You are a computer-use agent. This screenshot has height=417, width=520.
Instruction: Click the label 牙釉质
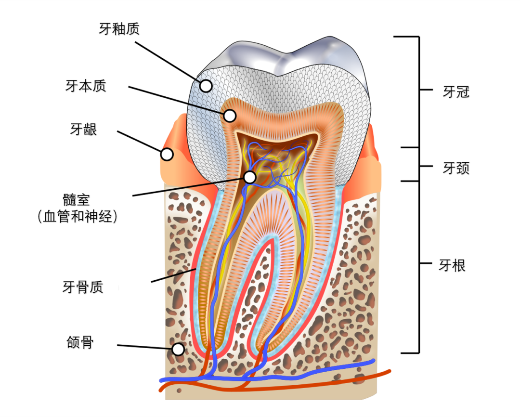(x=119, y=29)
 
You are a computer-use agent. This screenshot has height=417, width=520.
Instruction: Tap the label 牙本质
(x=86, y=86)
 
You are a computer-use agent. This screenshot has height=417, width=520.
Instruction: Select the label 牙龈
(x=83, y=129)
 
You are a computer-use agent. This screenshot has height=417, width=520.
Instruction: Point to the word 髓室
(x=76, y=200)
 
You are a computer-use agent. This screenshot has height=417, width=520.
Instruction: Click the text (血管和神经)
(x=78, y=217)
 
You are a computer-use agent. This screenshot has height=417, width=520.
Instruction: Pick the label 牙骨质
(x=83, y=287)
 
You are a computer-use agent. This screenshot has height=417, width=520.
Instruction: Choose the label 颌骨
(x=80, y=342)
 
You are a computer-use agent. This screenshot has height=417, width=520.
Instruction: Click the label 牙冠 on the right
(x=456, y=92)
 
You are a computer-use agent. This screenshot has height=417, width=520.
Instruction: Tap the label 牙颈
(x=456, y=168)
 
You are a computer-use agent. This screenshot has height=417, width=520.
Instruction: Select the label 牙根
(x=452, y=265)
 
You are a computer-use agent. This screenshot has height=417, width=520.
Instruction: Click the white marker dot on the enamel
(x=206, y=86)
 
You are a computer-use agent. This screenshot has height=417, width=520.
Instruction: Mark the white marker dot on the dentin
(x=230, y=116)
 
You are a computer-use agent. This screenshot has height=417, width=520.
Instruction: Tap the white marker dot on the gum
(x=167, y=154)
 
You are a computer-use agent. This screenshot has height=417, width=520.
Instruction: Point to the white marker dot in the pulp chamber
(x=250, y=177)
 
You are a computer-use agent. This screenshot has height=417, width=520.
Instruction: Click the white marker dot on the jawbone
(x=178, y=349)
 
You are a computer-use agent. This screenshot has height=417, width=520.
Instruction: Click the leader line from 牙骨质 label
(x=174, y=275)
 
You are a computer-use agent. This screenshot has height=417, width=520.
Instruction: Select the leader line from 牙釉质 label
(x=168, y=62)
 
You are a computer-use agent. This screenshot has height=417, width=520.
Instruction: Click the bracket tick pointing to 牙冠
(x=426, y=90)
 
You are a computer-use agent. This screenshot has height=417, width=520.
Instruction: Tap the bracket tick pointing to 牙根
(x=426, y=263)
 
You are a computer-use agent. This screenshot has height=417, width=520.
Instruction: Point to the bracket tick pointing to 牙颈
(x=426, y=166)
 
